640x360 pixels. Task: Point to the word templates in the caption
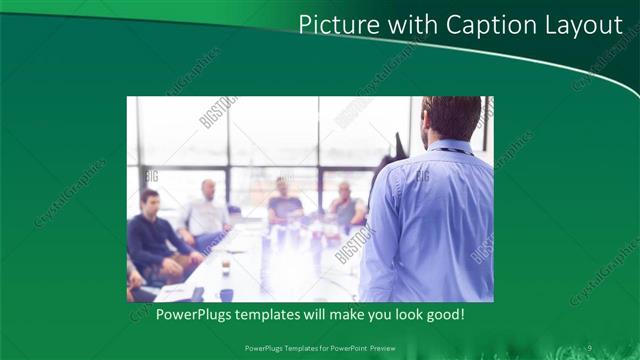[x=276, y=314]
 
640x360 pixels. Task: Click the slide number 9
[x=589, y=347]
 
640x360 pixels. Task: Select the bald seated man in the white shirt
[x=207, y=213]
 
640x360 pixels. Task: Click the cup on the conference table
[x=226, y=267]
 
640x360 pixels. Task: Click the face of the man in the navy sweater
[x=150, y=201]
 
